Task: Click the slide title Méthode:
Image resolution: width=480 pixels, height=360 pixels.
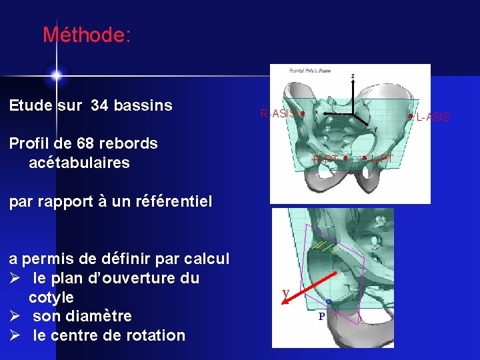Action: (87, 35)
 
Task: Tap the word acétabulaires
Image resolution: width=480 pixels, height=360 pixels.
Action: (79, 163)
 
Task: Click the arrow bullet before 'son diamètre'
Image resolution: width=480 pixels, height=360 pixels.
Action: (15, 316)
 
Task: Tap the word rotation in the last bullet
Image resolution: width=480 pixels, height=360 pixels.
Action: (155, 335)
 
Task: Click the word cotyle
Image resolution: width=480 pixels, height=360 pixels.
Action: (51, 297)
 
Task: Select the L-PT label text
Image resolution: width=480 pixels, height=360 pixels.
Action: (383, 159)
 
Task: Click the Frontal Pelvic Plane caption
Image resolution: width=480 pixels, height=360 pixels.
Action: (310, 71)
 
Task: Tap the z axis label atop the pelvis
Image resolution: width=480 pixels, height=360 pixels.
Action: (353, 75)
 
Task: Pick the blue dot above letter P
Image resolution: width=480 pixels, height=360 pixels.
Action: (329, 302)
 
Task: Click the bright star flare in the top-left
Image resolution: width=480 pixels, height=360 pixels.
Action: (56, 74)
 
